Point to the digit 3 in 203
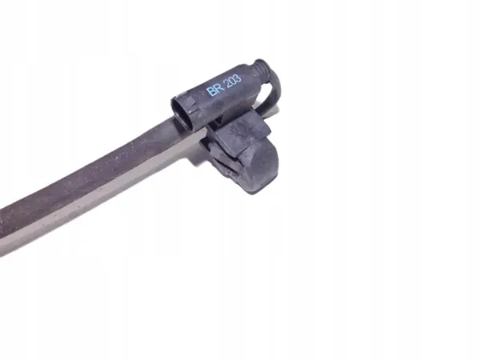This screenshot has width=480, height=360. (238, 78)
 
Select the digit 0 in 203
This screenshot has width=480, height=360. (234, 81)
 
